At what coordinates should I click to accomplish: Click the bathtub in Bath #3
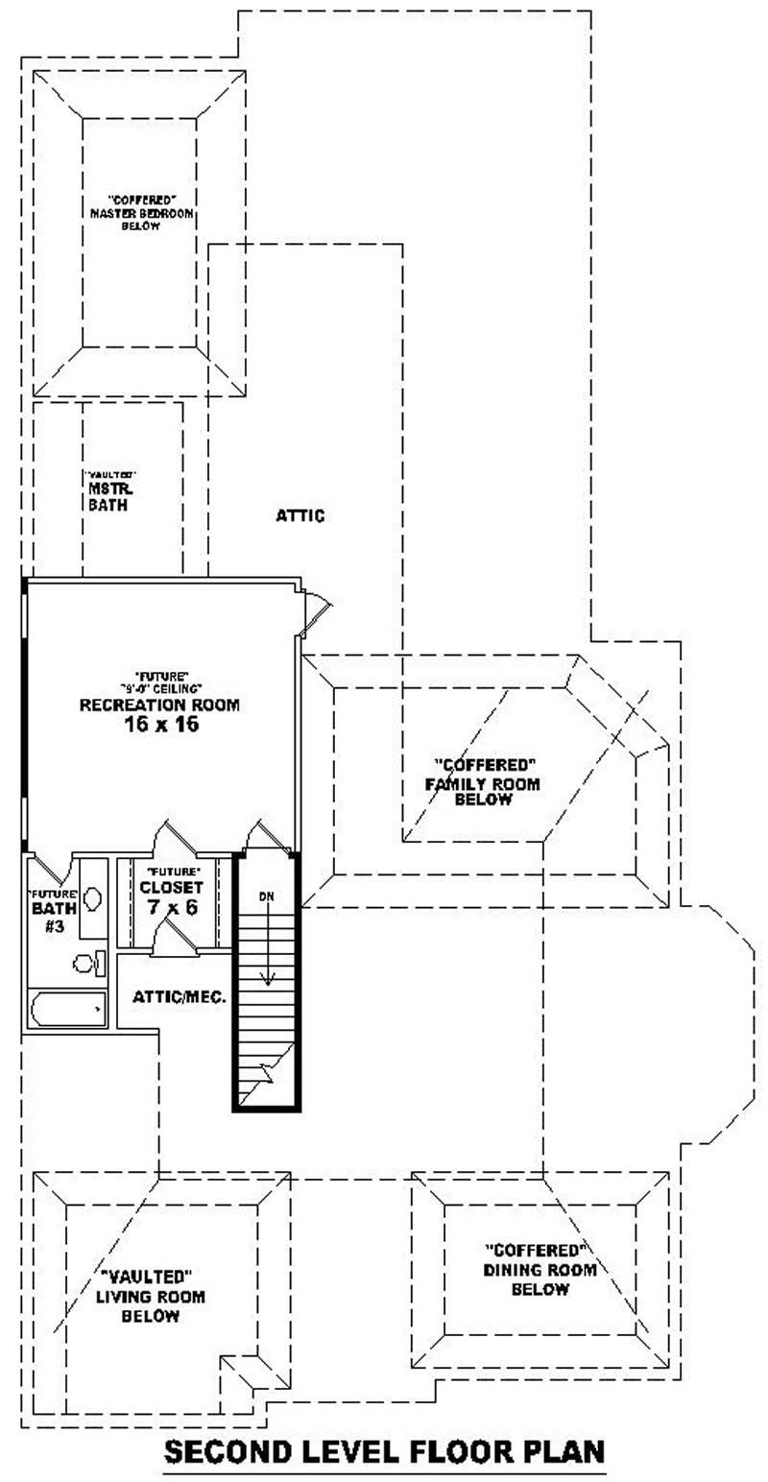point(66,1009)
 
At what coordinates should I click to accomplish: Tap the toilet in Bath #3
point(88,962)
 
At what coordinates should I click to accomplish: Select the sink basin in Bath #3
point(93,898)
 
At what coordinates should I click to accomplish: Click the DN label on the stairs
point(267,896)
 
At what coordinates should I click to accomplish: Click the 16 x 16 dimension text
point(159,725)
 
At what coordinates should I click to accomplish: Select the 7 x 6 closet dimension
point(172,906)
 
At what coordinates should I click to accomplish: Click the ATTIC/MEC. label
point(180,997)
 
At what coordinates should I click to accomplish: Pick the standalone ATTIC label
point(300,516)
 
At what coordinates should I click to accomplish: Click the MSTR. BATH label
point(108,496)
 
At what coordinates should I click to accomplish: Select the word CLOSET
point(172,887)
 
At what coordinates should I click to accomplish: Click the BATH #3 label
point(49,917)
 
